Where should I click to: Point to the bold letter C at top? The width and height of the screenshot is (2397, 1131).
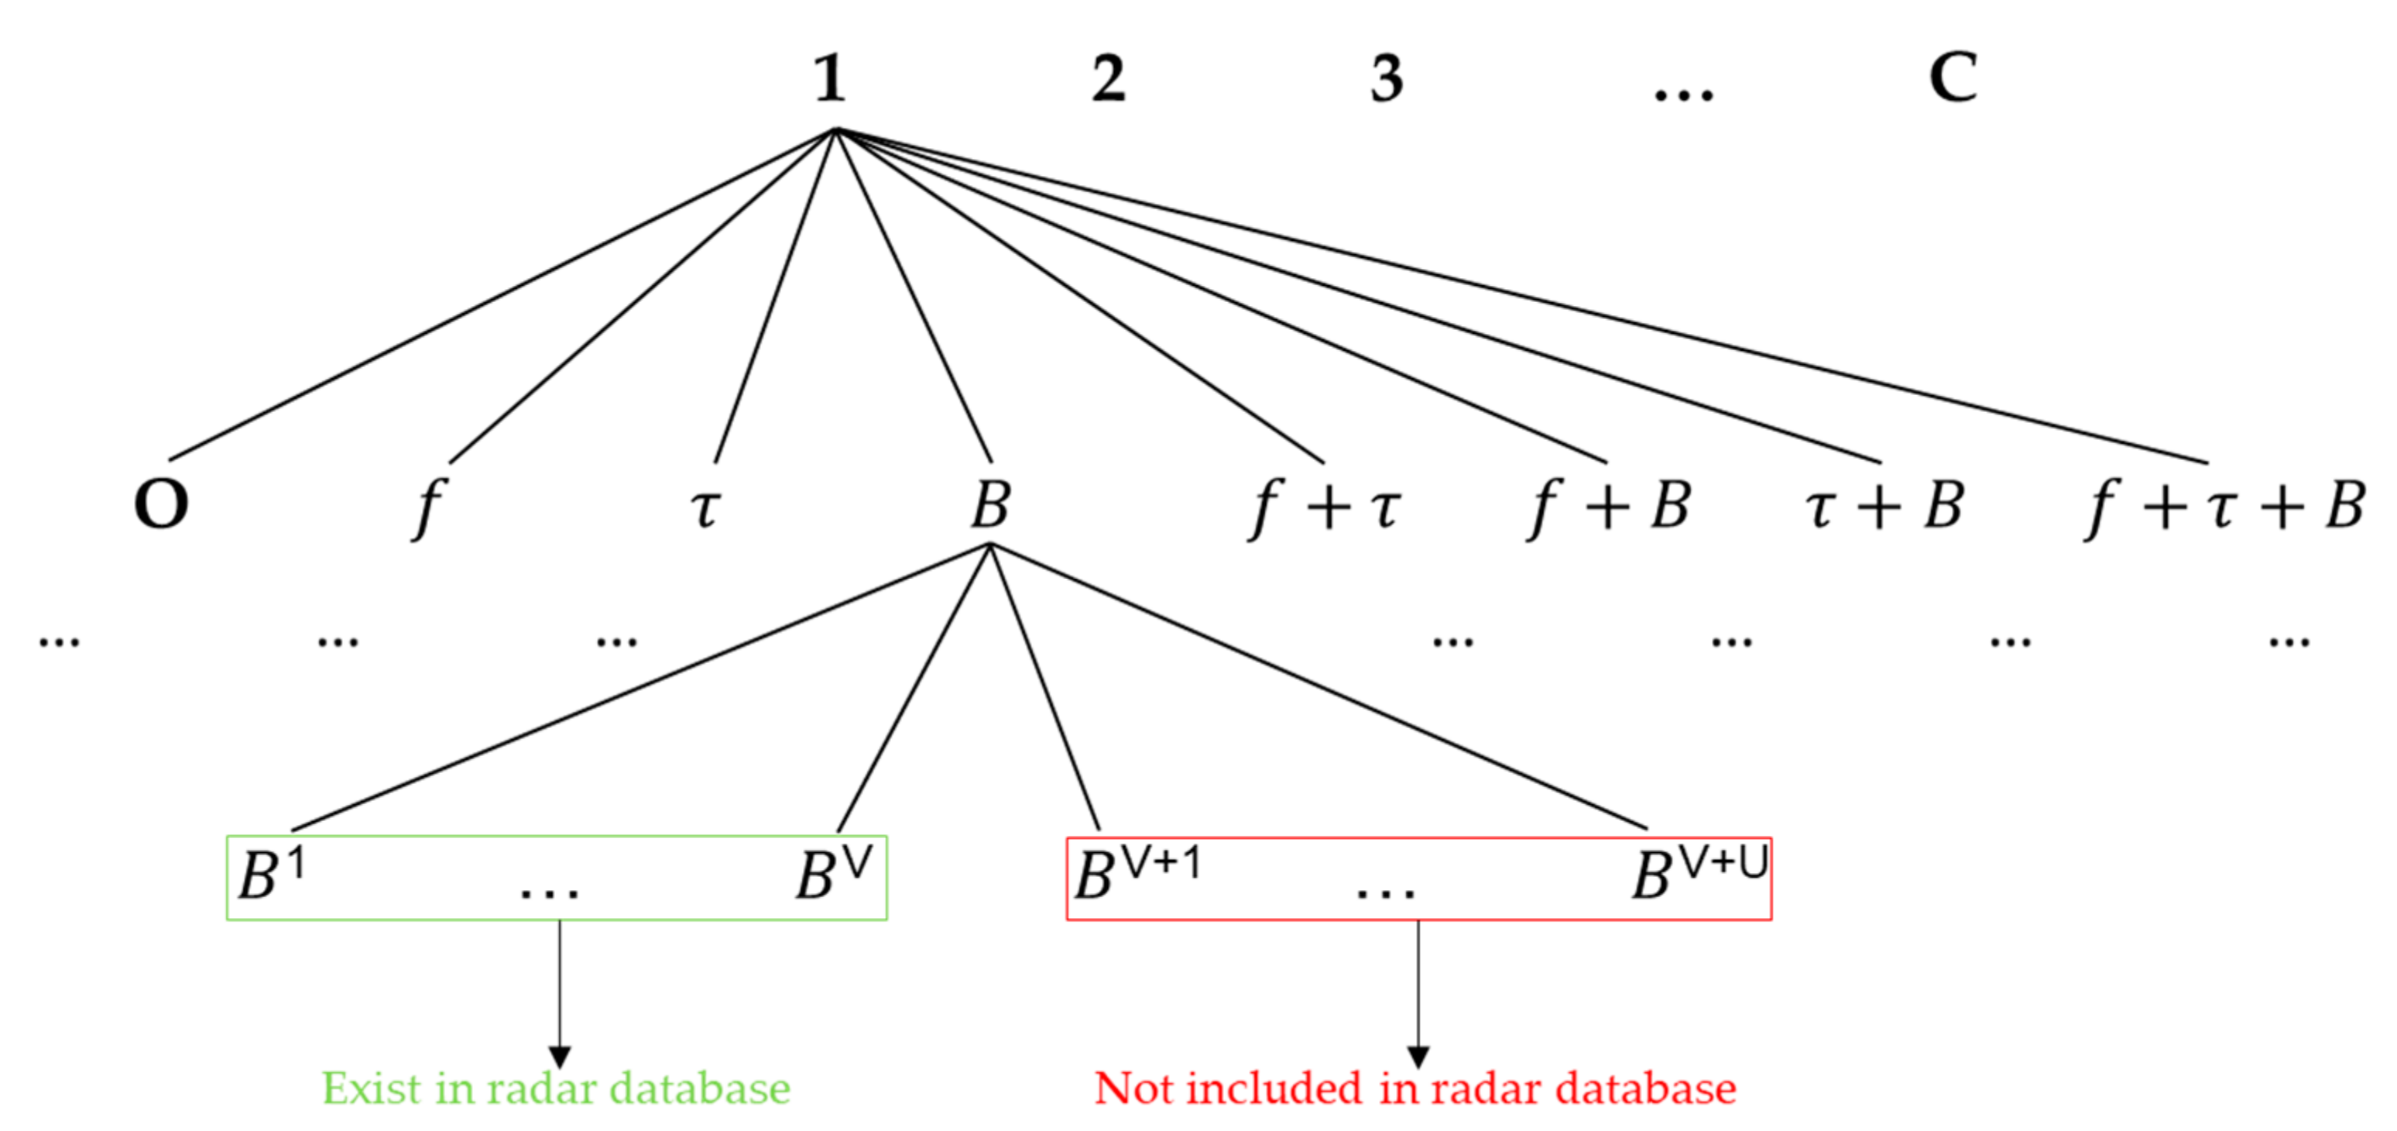[1953, 77]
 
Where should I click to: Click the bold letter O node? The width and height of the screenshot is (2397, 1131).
[161, 504]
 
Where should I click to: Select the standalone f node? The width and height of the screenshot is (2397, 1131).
[428, 507]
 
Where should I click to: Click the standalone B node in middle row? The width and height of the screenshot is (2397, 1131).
[990, 504]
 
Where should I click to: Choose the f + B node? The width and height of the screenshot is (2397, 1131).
[1608, 507]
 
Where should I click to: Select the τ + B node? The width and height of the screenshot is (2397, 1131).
[1884, 507]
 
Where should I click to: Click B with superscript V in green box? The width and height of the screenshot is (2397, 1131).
[833, 873]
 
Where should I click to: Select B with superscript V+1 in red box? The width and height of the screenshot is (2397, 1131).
[1135, 873]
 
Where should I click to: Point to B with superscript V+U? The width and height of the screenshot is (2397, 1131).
[1698, 873]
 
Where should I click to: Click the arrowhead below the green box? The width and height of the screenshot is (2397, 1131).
[559, 1057]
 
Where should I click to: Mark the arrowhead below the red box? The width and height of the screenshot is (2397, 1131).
[1417, 1057]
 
